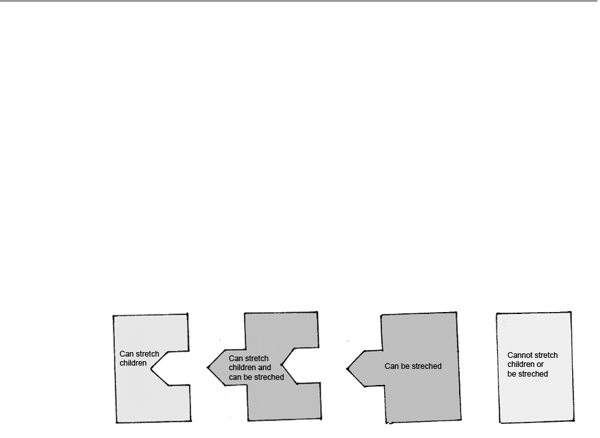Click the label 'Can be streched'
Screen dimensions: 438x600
click(412, 366)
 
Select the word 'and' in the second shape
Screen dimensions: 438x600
click(264, 368)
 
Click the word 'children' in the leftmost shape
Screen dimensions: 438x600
click(133, 363)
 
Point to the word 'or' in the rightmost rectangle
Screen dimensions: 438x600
click(540, 364)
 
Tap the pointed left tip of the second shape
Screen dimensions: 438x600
click(208, 368)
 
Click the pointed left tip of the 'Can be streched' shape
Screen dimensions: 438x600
click(348, 370)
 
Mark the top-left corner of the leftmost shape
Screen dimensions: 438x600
click(113, 316)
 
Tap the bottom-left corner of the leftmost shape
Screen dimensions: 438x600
click(116, 423)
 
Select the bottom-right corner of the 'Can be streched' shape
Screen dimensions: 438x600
click(462, 421)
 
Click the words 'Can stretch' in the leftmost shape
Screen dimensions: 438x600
click(139, 354)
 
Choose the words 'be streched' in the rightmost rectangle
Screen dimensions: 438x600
click(528, 374)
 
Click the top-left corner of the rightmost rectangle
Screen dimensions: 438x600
click(497, 314)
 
